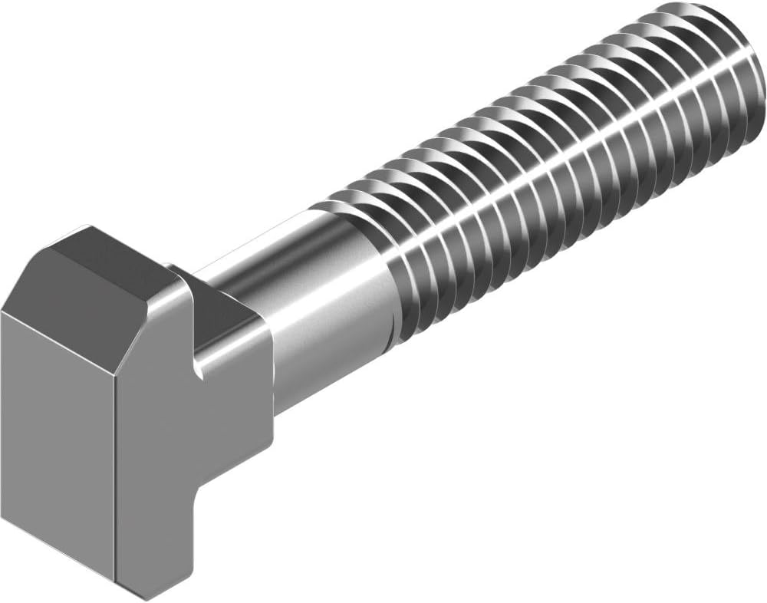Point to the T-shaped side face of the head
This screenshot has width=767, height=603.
(x=184, y=430)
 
